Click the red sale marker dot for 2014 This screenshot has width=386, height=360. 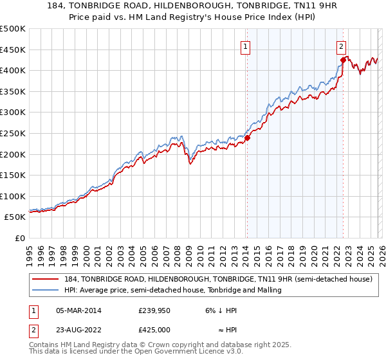pyautogui.click(x=247, y=137)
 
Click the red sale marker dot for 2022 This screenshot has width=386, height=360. pyautogui.click(x=343, y=60)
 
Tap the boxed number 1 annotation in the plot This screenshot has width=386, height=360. pyautogui.click(x=246, y=46)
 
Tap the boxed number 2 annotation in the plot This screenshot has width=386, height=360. pyautogui.click(x=340, y=46)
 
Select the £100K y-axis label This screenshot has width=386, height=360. pyautogui.click(x=14, y=196)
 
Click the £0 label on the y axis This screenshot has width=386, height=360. pyautogui.click(x=21, y=238)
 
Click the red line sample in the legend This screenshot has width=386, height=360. pyautogui.click(x=46, y=279)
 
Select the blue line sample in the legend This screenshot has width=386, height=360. pyautogui.click(x=46, y=290)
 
